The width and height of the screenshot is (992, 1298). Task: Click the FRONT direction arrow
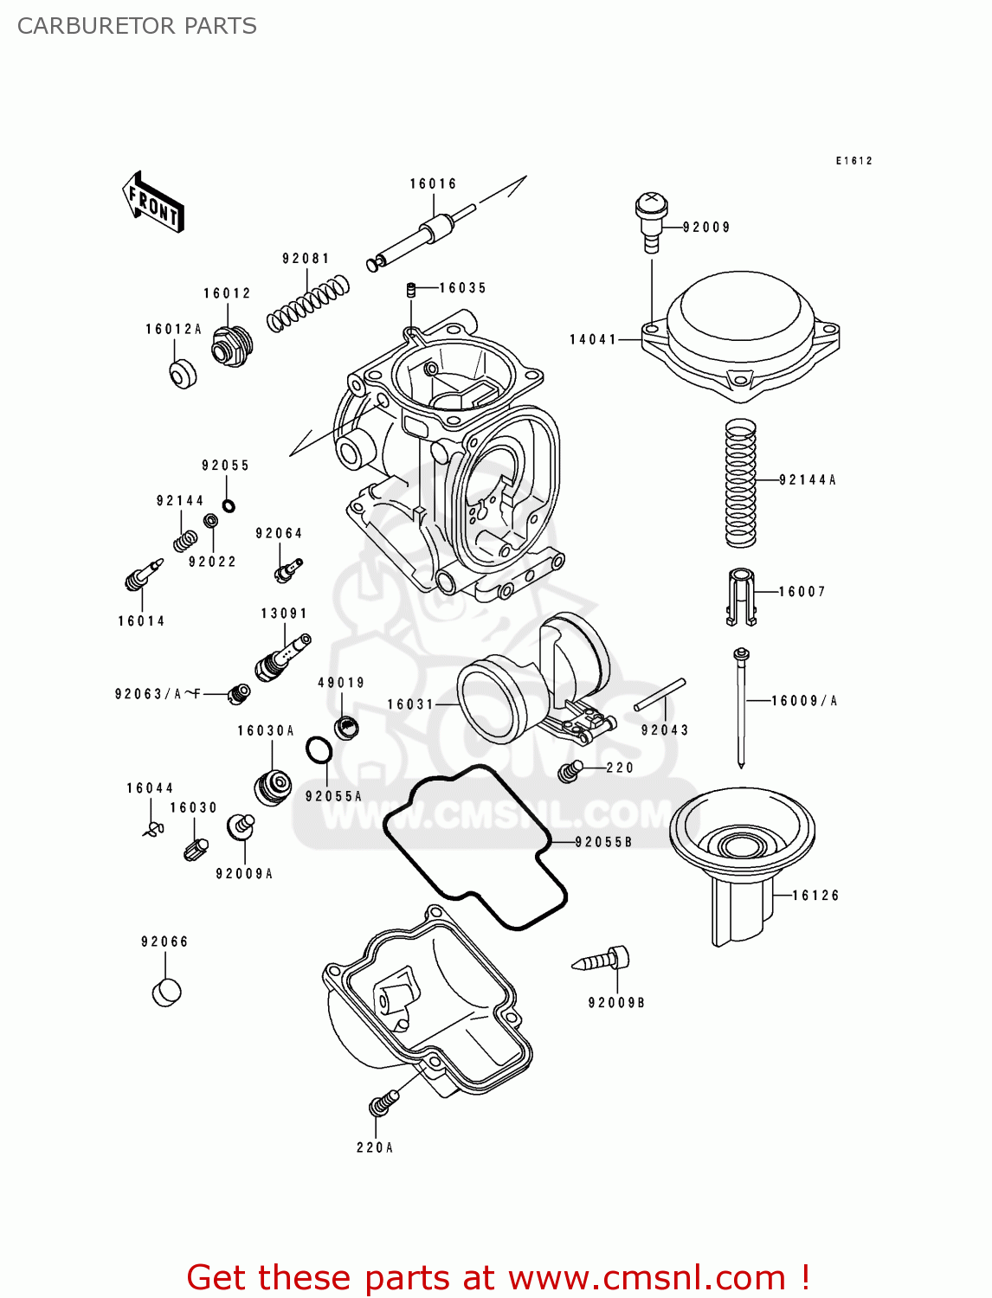click(153, 202)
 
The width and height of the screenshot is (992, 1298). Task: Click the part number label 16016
click(433, 183)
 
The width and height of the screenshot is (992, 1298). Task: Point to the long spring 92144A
click(740, 482)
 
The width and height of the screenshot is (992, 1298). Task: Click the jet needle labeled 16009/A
click(741, 705)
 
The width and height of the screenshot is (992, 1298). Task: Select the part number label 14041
click(593, 339)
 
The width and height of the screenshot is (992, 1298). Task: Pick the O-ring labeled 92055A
click(319, 750)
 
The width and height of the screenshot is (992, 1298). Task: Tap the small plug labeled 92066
click(166, 992)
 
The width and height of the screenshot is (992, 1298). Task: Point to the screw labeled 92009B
click(603, 960)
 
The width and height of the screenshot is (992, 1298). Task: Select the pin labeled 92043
click(660, 695)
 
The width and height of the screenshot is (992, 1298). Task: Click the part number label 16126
click(815, 896)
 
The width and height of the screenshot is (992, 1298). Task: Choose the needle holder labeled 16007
click(740, 596)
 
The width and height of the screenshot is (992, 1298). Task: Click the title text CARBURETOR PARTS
click(137, 26)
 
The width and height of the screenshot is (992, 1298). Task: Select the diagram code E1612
click(854, 161)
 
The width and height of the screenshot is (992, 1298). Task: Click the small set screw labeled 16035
click(413, 289)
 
